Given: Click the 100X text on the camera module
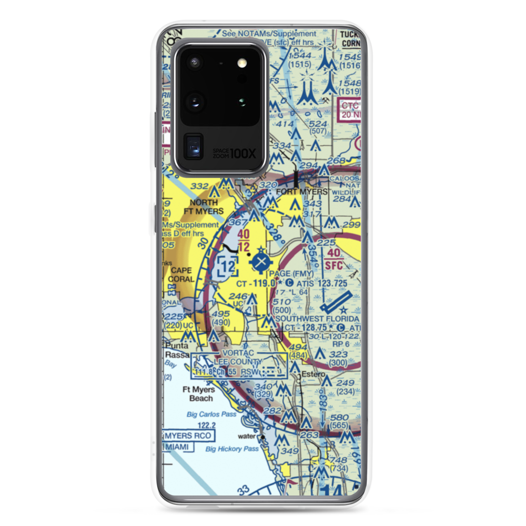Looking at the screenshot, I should point(243,154).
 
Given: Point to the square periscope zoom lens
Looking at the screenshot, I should point(194,146).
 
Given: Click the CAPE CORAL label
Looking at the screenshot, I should point(180,275).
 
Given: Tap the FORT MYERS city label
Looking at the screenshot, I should point(301,192).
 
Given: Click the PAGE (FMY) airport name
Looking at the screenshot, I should point(291,274).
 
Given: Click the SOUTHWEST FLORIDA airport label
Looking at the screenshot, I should point(317,319).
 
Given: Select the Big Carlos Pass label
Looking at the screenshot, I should point(211,414).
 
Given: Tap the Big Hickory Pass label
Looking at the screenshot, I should point(231,449).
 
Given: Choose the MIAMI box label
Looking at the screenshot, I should point(179,447).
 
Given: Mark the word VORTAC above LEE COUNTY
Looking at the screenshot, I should point(238,352).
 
